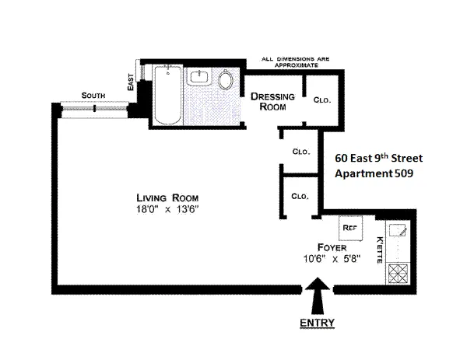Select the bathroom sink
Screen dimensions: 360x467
pos(198,77)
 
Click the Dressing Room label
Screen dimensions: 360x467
pos(272,102)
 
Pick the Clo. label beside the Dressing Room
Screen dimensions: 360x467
pos(321,100)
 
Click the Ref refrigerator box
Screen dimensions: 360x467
pos(348,229)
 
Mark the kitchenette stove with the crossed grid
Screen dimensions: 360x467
pos(399,274)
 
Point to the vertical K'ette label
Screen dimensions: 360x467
pos(380,250)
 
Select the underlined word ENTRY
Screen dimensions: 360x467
pos(318,323)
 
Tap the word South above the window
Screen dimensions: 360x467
pos(93,95)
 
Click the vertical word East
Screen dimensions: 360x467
pos(130,80)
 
